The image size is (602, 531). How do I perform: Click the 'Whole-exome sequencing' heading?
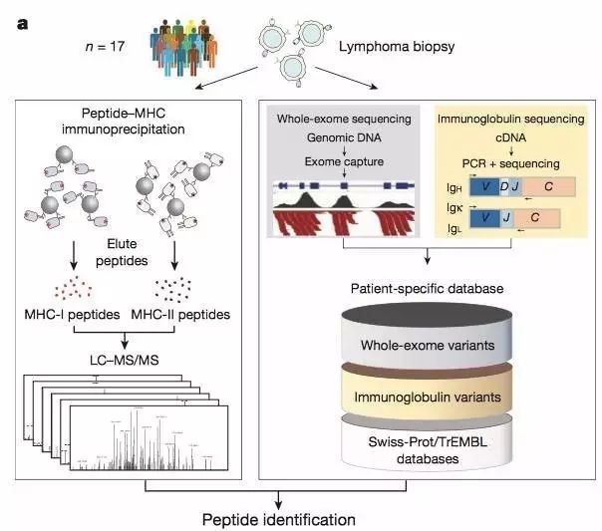[x=341, y=119]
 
